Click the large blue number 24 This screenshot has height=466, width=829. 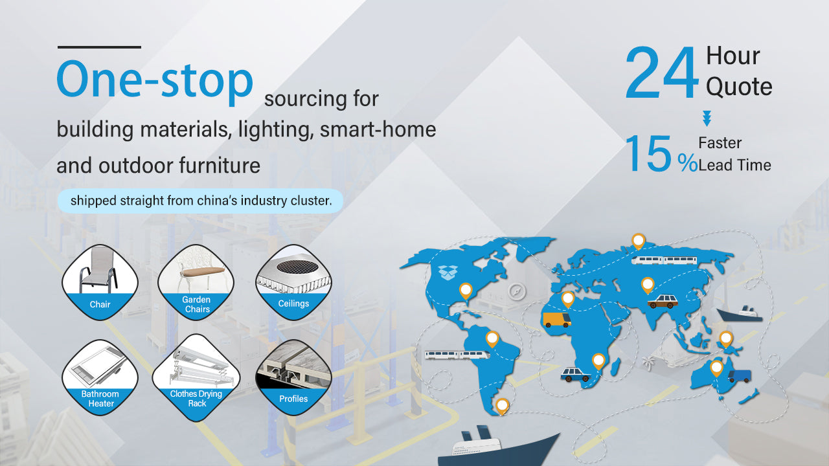[662, 72]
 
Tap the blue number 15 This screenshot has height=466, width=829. [648, 153]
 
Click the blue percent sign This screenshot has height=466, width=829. [687, 162]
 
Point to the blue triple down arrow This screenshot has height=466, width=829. [707, 118]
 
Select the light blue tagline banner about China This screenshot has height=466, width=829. [200, 201]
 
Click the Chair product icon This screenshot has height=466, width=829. [100, 282]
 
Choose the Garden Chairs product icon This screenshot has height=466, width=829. [196, 282]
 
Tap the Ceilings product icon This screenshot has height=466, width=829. [293, 282]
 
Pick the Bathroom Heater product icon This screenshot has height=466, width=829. [100, 377]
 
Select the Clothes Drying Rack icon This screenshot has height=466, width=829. [196, 377]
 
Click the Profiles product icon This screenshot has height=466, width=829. [293, 377]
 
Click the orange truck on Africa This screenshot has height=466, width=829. [557, 320]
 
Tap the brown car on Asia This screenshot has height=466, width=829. [663, 302]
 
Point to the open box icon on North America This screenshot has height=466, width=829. [448, 272]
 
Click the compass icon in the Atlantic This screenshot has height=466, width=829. [517, 291]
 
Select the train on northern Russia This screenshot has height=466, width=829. [664, 260]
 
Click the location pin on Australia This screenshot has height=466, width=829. [716, 368]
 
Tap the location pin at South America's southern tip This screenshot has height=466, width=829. [502, 406]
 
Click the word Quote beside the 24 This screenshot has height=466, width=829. [739, 87]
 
